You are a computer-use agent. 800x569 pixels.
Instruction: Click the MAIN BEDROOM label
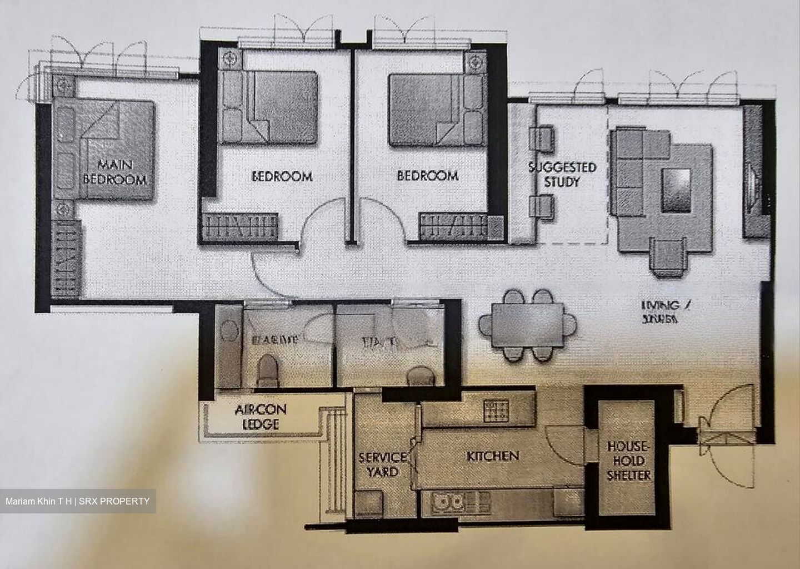click(x=114, y=172)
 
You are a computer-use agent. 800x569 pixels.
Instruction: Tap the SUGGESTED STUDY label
click(x=562, y=174)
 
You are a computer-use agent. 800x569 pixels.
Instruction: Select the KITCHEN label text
click(x=492, y=456)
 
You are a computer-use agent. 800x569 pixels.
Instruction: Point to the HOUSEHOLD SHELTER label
click(x=629, y=461)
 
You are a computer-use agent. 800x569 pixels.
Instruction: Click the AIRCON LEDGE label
click(x=260, y=417)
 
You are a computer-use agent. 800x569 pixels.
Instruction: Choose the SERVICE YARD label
click(x=382, y=464)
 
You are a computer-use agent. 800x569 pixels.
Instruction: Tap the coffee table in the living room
click(x=676, y=190)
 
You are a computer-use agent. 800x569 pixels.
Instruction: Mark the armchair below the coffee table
click(x=669, y=256)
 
